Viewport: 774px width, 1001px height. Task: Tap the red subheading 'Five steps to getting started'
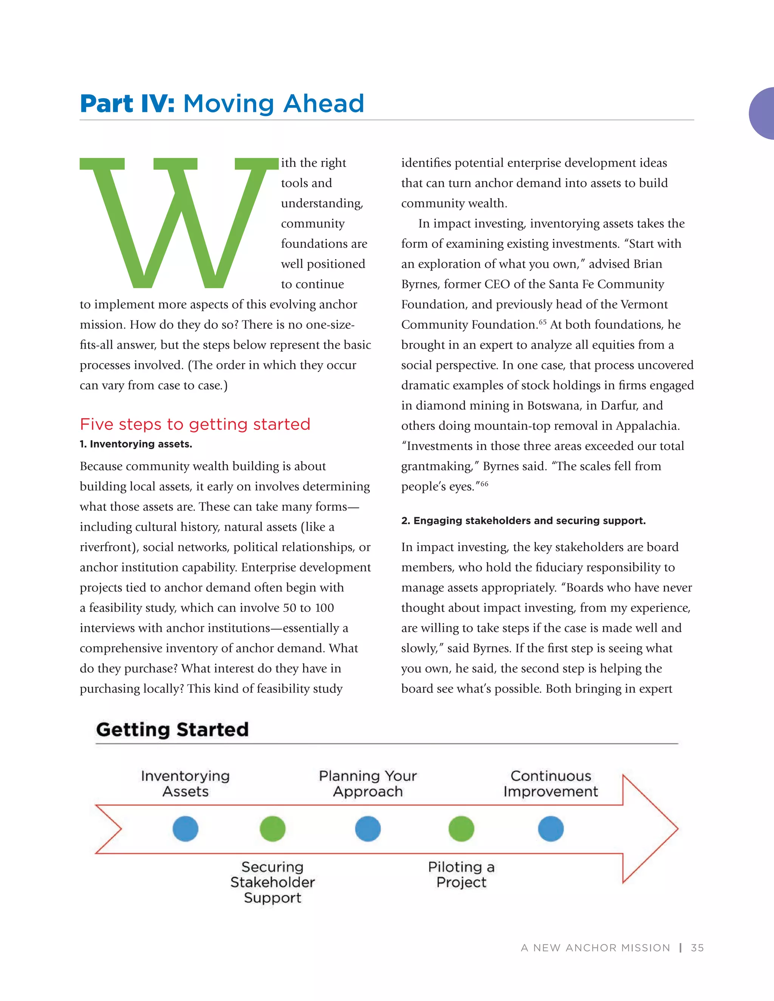pyautogui.click(x=195, y=424)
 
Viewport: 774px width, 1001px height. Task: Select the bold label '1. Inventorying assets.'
pyautogui.click(x=136, y=444)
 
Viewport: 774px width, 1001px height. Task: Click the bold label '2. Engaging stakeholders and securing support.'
pyautogui.click(x=523, y=521)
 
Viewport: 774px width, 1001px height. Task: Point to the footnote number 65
pyautogui.click(x=542, y=322)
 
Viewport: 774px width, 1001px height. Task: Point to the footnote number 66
pyautogui.click(x=484, y=484)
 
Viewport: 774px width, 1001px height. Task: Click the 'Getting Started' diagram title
pyautogui.click(x=172, y=729)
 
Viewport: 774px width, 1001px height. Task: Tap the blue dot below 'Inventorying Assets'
pyautogui.click(x=185, y=829)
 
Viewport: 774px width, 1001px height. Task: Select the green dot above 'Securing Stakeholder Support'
pyautogui.click(x=272, y=829)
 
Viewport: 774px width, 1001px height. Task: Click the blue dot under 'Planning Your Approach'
pyautogui.click(x=368, y=829)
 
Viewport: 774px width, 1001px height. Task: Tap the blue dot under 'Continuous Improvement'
pyautogui.click(x=550, y=829)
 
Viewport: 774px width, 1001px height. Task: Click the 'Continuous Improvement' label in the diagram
pyautogui.click(x=550, y=783)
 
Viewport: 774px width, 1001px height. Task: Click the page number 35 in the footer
pyautogui.click(x=697, y=948)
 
